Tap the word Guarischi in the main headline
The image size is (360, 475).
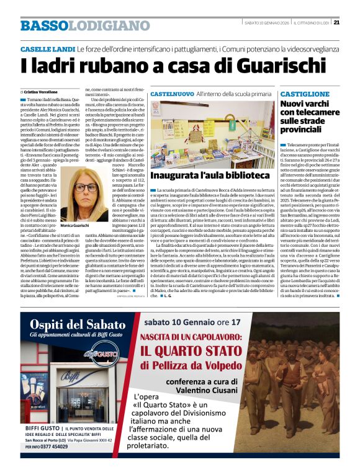click(236, 64)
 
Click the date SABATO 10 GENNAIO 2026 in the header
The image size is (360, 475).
click(266, 23)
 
